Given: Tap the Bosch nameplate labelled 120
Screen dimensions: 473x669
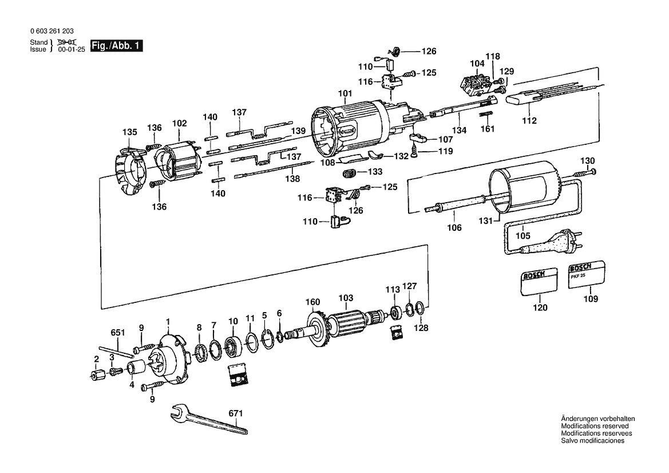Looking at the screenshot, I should [x=539, y=281].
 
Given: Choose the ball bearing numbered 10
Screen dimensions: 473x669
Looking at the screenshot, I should [x=233, y=345].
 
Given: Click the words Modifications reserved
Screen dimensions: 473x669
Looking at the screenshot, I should [x=595, y=426].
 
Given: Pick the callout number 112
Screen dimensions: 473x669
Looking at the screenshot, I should [x=529, y=121].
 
